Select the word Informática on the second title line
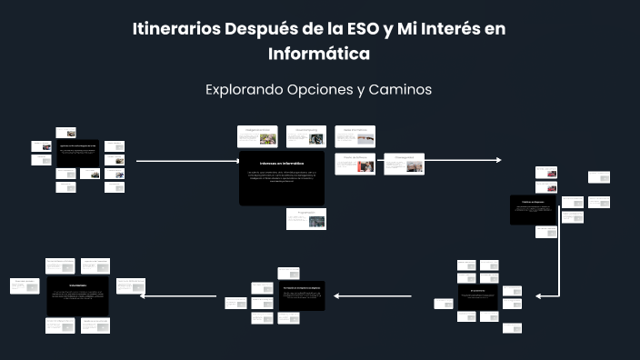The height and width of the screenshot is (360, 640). [319, 54]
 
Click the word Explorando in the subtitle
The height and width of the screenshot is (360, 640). [242, 90]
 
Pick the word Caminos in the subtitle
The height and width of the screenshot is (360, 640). [401, 90]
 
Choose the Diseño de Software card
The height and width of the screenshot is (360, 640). [355, 164]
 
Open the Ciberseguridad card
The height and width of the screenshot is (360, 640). [404, 164]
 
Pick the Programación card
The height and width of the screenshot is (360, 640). [305, 218]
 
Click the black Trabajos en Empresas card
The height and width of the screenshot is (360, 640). [533, 210]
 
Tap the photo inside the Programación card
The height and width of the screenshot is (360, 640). [315, 221]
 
